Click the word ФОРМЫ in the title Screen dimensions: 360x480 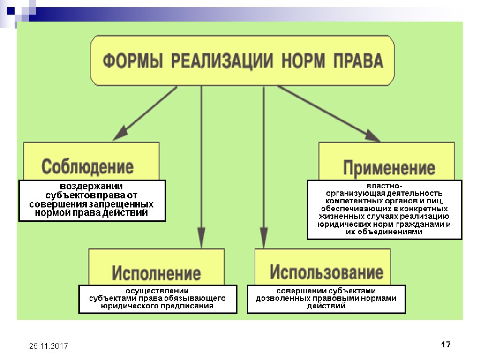[x=132, y=61]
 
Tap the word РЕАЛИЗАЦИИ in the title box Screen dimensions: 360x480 [x=222, y=61]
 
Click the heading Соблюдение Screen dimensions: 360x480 [x=88, y=166]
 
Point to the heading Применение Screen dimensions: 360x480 [x=389, y=168]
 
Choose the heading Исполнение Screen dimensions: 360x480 [x=156, y=273]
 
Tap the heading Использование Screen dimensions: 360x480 [x=327, y=272]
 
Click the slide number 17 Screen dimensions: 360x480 [x=446, y=345]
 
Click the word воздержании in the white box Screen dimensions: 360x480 [x=91, y=186]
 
